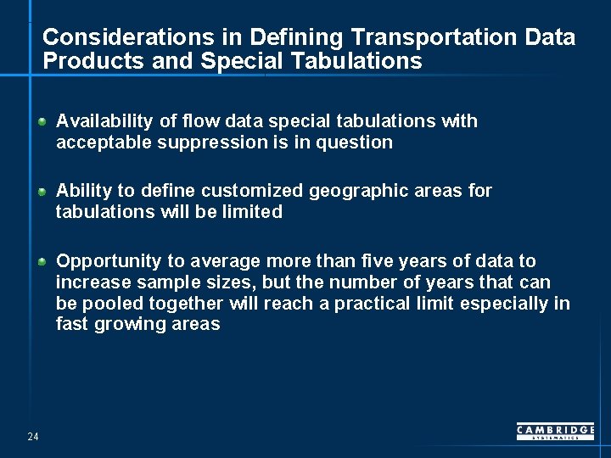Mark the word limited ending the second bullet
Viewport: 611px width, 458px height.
tap(251, 212)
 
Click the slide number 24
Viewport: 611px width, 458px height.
tap(33, 437)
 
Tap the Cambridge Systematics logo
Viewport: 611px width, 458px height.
tap(555, 432)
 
